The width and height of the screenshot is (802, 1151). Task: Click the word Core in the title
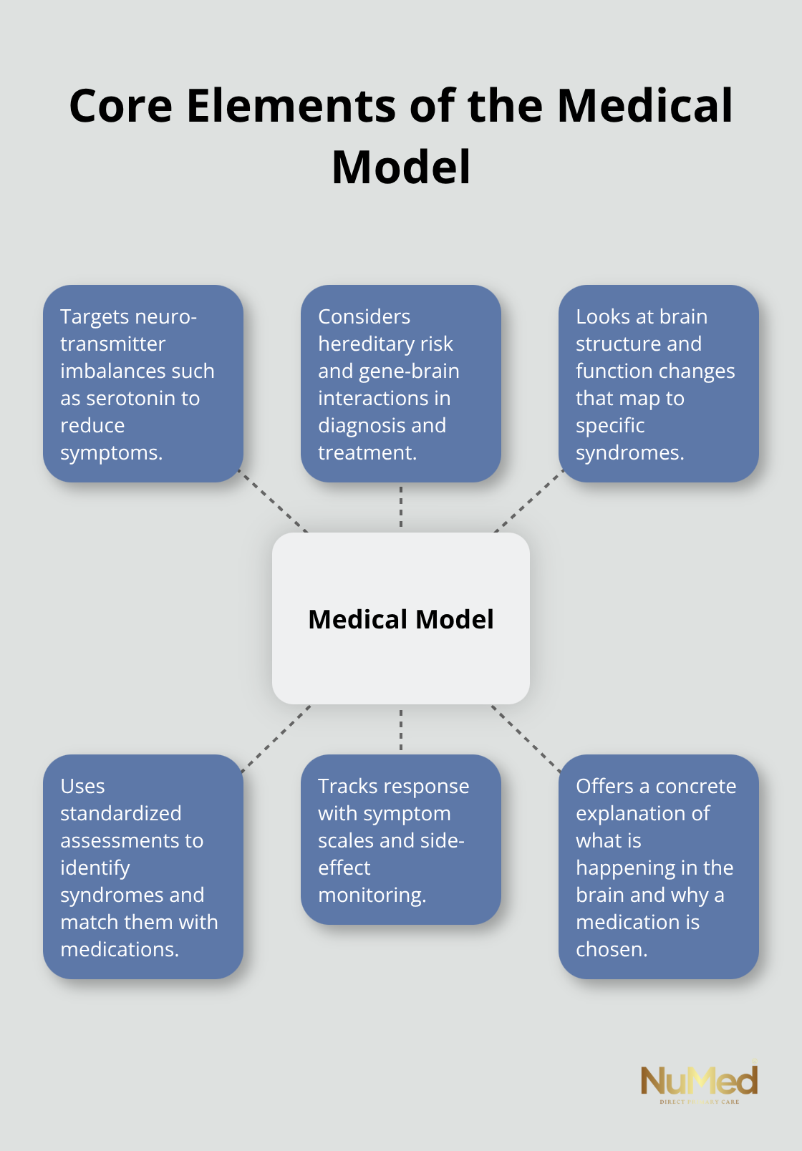[x=120, y=106]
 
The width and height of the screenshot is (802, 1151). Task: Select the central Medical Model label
[x=401, y=619]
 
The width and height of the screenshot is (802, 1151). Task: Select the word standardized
[x=120, y=814]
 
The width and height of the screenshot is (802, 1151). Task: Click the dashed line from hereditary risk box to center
[x=401, y=507]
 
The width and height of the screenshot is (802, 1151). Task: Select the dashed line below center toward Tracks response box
[x=401, y=729]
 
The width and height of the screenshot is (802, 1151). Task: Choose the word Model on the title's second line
[x=401, y=167]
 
